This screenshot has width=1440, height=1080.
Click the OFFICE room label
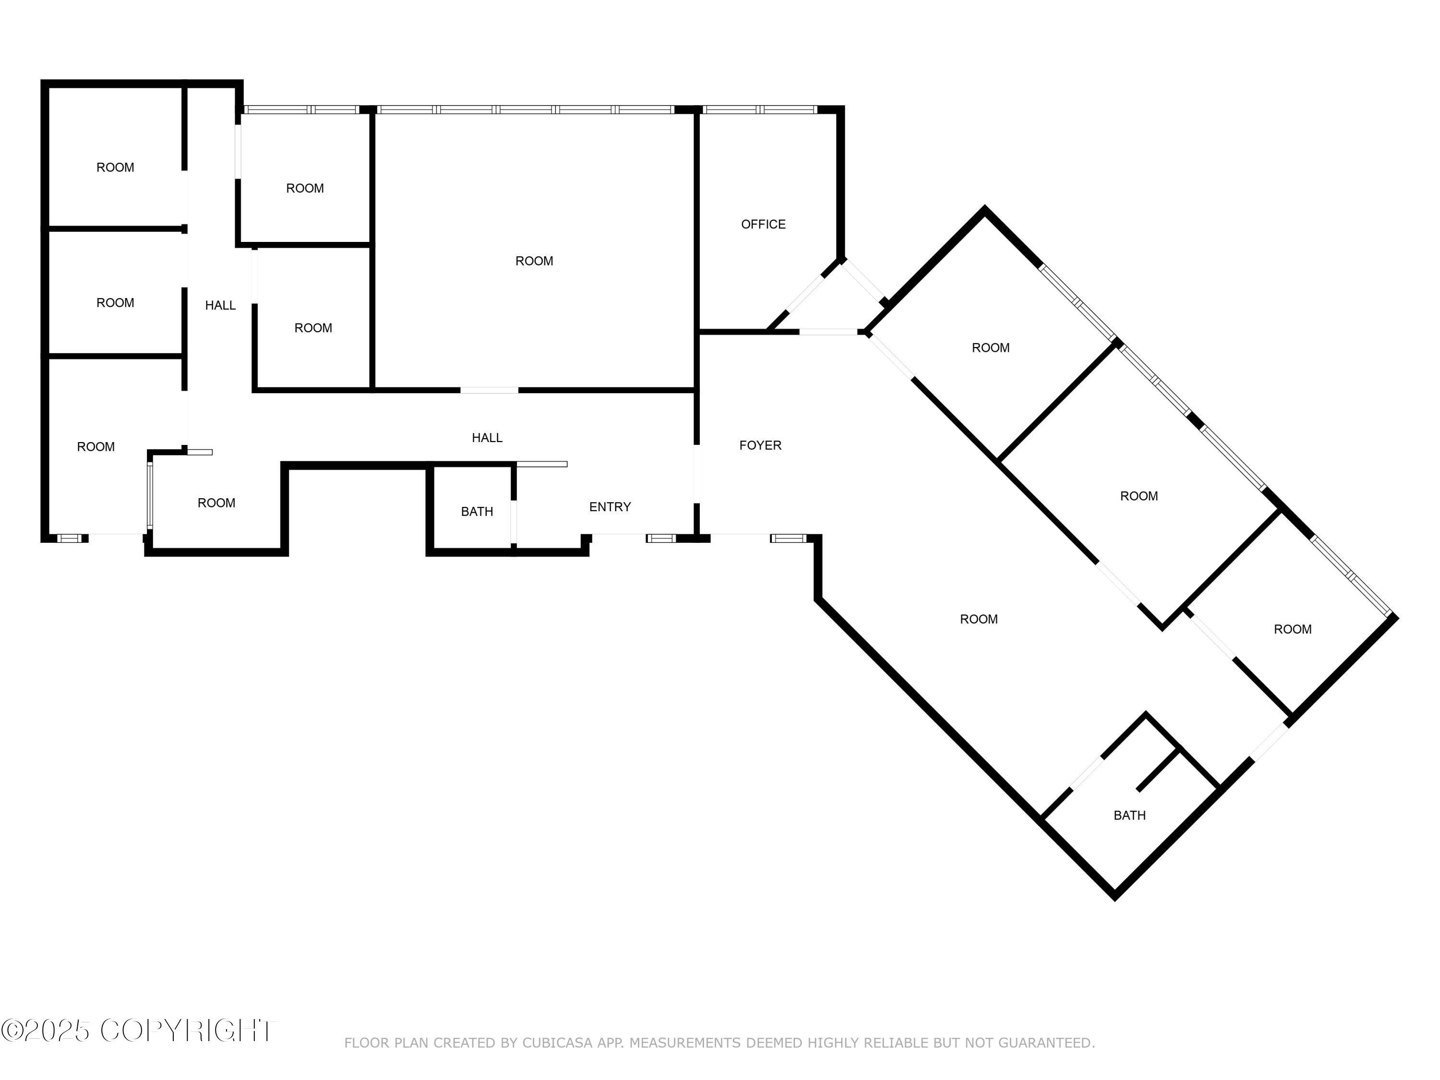(x=763, y=225)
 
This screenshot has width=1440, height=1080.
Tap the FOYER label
(x=760, y=445)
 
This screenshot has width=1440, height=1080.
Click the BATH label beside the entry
(x=477, y=512)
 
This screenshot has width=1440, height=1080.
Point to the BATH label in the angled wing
(x=1129, y=815)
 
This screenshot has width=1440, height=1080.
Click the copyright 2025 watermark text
(x=138, y=1030)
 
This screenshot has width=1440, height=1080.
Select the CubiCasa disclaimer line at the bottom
(x=720, y=1043)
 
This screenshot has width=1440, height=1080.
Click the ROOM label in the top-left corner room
(x=115, y=168)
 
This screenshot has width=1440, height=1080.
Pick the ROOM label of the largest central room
(x=534, y=261)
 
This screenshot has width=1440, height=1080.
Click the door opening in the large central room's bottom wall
(x=490, y=390)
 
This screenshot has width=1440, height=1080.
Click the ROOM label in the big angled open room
(x=978, y=619)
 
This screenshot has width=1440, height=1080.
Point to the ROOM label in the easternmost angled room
(x=1292, y=629)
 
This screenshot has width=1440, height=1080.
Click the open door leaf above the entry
(x=541, y=464)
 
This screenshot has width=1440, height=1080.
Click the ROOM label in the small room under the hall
(x=216, y=503)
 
